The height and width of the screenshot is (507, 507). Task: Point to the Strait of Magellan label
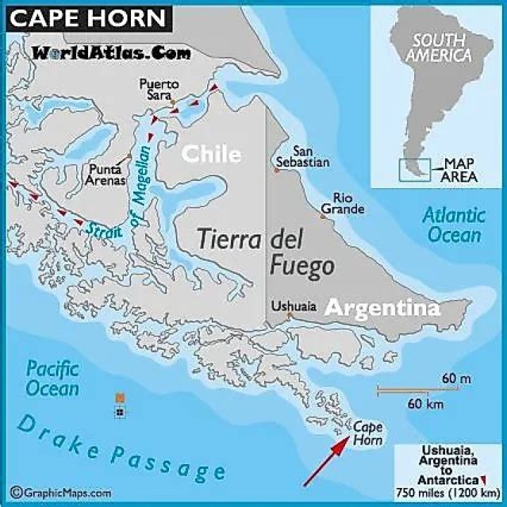(123, 204)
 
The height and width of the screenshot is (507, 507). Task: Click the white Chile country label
(212, 154)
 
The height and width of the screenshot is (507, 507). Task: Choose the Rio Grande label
(343, 204)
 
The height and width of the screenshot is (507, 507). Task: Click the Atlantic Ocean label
(454, 225)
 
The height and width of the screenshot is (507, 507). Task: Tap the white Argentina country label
(382, 308)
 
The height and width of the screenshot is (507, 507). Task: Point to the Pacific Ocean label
(53, 377)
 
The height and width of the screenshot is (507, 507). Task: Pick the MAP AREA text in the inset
(458, 170)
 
